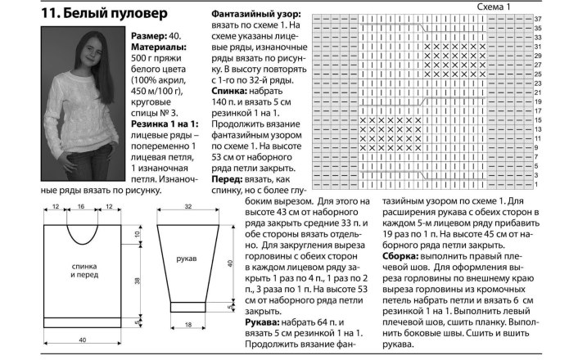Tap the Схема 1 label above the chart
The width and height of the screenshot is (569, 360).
494,7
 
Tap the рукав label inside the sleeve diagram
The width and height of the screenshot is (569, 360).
186,259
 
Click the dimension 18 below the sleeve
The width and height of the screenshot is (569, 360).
187,326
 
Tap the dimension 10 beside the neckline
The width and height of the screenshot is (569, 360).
138,234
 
